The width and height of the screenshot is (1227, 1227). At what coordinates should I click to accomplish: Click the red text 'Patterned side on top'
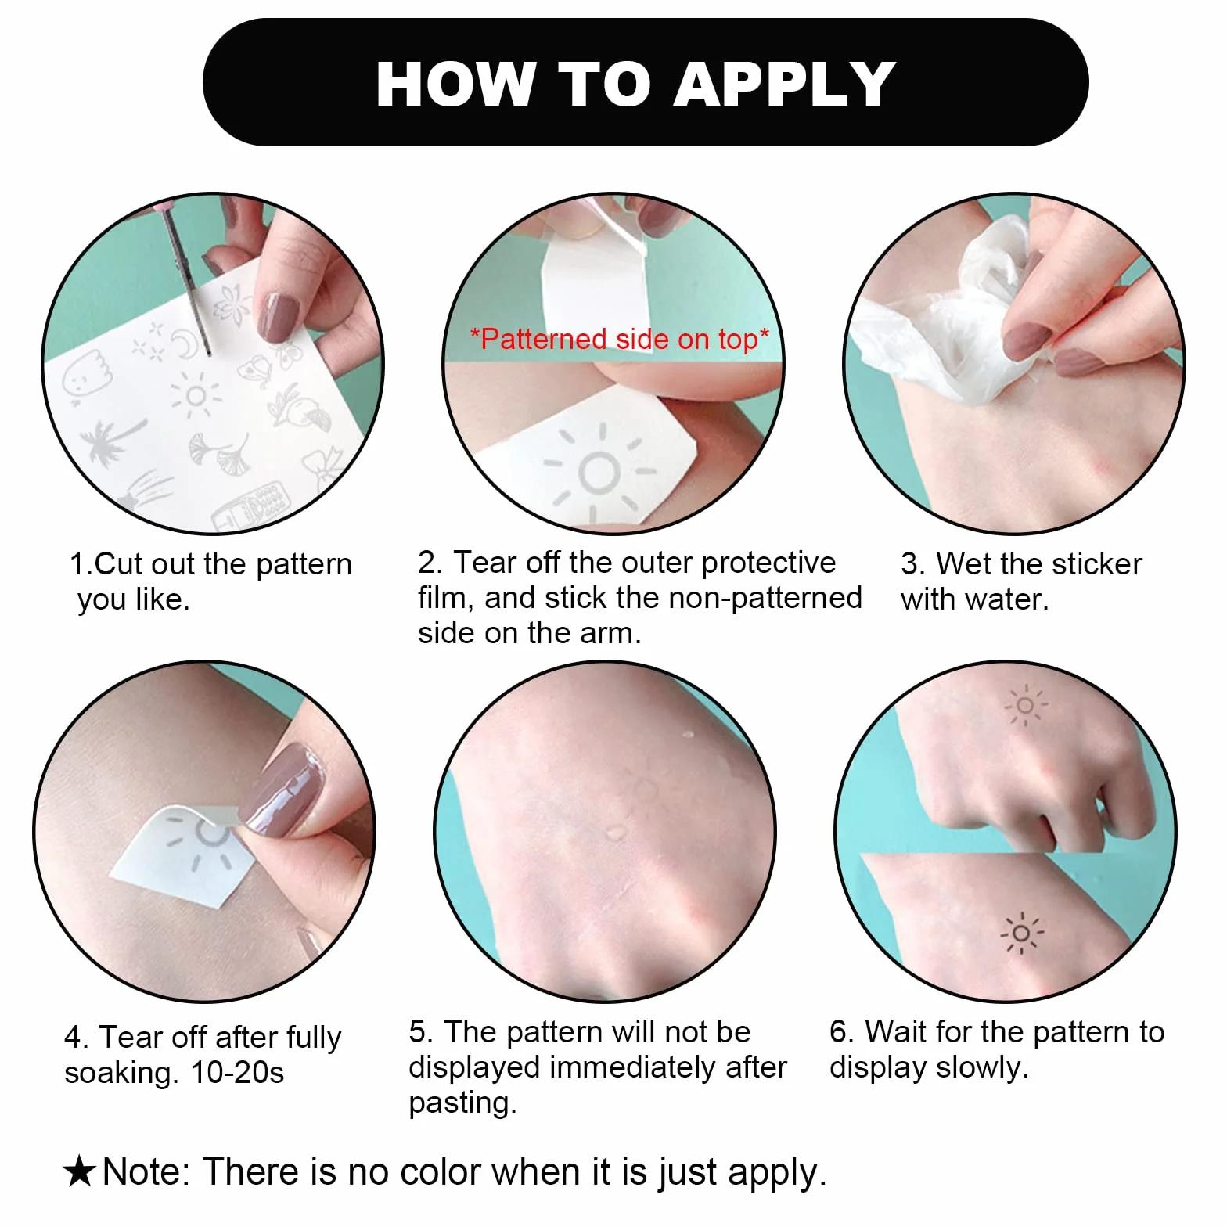click(x=620, y=339)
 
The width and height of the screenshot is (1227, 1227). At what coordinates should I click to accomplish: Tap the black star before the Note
click(x=79, y=1172)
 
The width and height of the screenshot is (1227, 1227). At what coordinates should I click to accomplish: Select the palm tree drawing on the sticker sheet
click(x=111, y=441)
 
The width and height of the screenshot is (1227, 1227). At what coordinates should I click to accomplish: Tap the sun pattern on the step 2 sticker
click(x=599, y=472)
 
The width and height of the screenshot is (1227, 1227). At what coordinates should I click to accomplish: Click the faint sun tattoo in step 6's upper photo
click(x=1025, y=706)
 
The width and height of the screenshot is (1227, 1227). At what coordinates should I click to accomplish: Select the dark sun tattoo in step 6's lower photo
click(x=1021, y=932)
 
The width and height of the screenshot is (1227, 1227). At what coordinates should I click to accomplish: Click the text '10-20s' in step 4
click(x=237, y=1072)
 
